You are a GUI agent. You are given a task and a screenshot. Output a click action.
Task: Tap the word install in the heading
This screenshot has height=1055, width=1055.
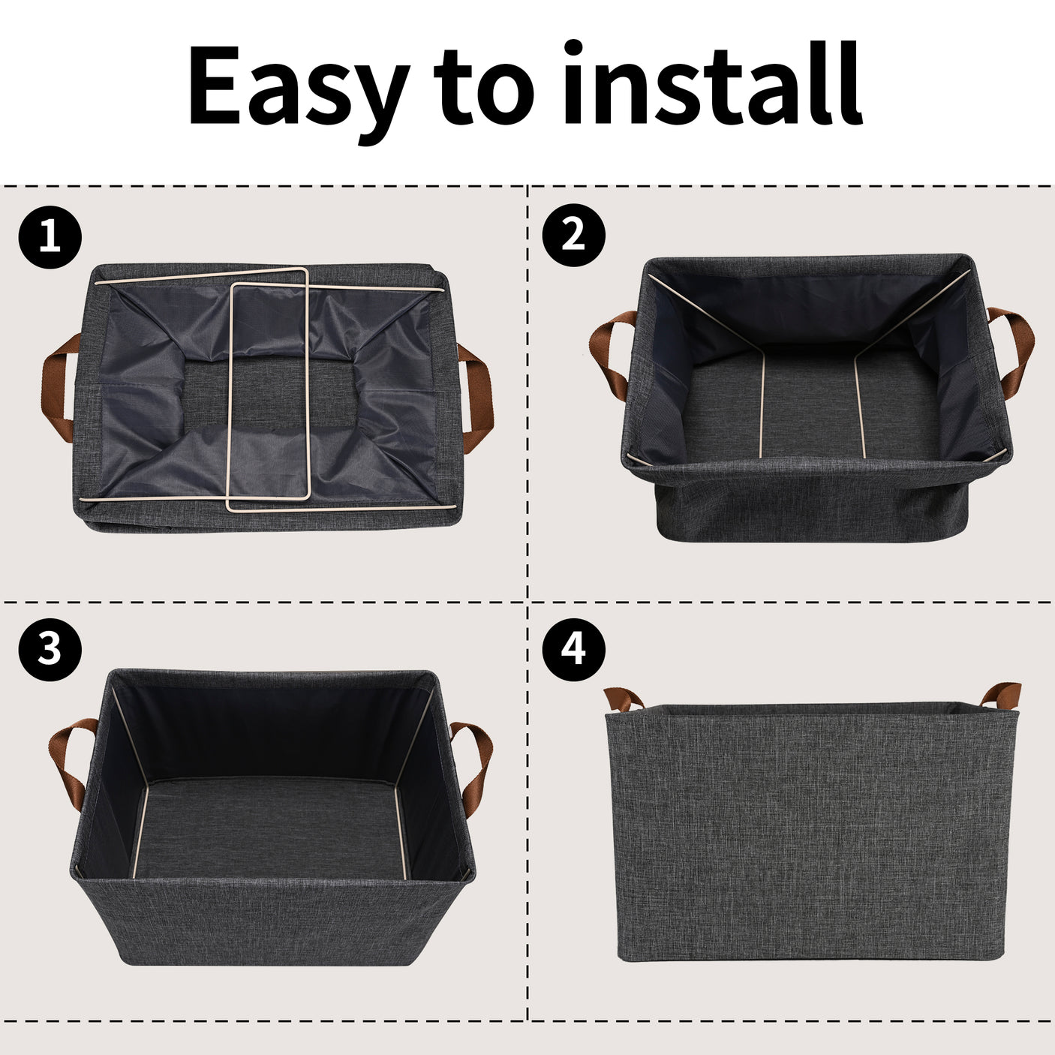click(x=714, y=82)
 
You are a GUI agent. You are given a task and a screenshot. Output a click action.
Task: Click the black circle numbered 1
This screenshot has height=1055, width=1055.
click(x=50, y=237)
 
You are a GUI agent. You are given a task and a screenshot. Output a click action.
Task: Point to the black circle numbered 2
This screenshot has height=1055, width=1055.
click(x=574, y=236)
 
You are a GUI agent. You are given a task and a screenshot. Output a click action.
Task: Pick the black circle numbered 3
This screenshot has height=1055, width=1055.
click(x=50, y=650)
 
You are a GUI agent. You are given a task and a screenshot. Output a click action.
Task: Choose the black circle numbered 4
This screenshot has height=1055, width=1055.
click(x=574, y=650)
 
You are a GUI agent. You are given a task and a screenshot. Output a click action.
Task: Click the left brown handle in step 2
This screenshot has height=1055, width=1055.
click(x=608, y=350)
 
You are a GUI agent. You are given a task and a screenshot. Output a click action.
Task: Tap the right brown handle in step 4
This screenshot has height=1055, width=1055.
click(x=1001, y=696)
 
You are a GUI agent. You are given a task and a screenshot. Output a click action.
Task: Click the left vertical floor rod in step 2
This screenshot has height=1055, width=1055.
click(x=762, y=404)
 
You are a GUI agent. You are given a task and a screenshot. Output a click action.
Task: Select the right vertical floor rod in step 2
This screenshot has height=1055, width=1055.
click(x=859, y=404)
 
